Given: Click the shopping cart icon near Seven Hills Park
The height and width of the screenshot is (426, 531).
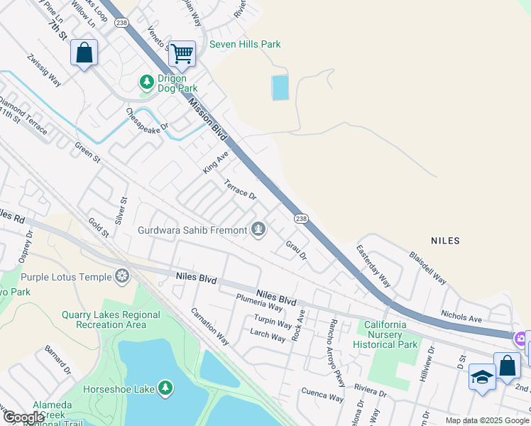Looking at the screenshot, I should [182, 53].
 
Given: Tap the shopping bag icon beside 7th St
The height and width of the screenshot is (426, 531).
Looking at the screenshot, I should [84, 53].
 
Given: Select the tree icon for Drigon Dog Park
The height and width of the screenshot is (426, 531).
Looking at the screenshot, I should [147, 82].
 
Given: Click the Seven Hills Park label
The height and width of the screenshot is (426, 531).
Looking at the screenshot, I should [245, 44].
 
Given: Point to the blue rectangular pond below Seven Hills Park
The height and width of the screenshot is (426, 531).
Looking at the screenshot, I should [280, 87].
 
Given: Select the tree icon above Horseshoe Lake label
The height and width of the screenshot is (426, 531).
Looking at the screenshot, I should [165, 388].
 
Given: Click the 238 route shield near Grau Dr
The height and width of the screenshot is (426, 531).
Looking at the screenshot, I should [301, 219].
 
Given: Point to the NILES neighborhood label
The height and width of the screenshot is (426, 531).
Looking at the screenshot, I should [445, 241].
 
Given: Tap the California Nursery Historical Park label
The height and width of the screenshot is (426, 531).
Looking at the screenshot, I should [396, 334].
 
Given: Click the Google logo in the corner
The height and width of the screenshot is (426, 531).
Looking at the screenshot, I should [23, 417].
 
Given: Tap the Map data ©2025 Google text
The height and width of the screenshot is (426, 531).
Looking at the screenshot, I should [486, 420].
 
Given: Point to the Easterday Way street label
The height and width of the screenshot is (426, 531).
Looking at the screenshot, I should [373, 266].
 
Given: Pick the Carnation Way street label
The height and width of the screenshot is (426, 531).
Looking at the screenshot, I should [209, 326].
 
